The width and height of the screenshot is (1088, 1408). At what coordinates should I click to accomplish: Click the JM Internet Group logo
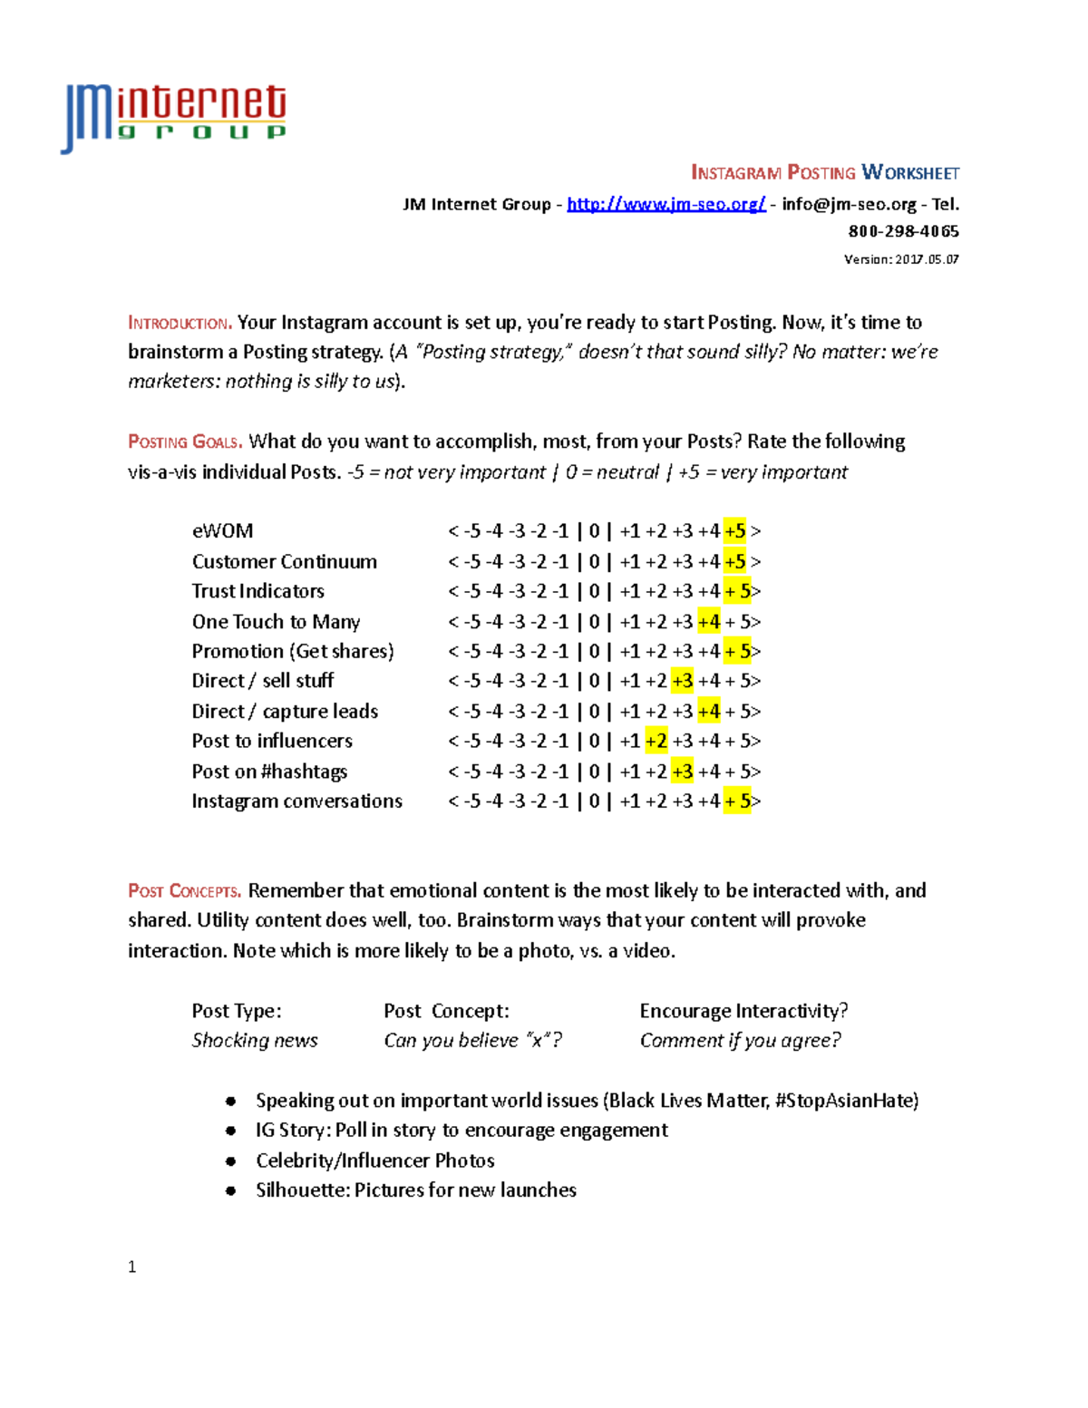point(174,118)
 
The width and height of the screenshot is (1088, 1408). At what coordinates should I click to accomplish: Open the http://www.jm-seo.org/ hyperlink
point(666,204)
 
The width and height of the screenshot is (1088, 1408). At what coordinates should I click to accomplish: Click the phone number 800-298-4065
point(903,231)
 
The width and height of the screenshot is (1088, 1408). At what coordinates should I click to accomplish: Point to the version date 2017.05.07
point(927,259)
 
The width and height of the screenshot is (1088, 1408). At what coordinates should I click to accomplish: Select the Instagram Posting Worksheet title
point(824,172)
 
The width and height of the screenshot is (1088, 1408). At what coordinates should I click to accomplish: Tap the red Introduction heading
point(180,323)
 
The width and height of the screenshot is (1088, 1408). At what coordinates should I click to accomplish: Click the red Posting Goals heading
point(185,442)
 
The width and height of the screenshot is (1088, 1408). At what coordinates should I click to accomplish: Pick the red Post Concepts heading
point(185,891)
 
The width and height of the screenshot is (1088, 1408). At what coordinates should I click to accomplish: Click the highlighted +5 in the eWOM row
point(735,531)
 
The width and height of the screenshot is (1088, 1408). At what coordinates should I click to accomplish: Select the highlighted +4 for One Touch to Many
point(709,622)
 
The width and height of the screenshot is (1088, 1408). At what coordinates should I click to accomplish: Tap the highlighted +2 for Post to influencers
point(656,742)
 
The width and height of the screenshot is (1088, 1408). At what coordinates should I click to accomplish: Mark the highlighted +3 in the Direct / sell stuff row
point(683,681)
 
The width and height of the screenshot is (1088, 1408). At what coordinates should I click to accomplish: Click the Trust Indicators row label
point(258,591)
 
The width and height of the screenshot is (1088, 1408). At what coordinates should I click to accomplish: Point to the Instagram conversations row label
point(297,801)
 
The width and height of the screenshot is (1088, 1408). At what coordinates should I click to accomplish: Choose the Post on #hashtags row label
point(269,772)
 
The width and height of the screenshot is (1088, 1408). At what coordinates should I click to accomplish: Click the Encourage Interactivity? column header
point(743,1011)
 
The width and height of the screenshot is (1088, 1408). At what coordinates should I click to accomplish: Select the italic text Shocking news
point(255,1041)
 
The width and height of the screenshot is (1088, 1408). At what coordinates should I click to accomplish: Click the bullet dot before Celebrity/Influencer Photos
point(231,1161)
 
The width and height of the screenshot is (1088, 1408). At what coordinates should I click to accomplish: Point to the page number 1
point(132,1267)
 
